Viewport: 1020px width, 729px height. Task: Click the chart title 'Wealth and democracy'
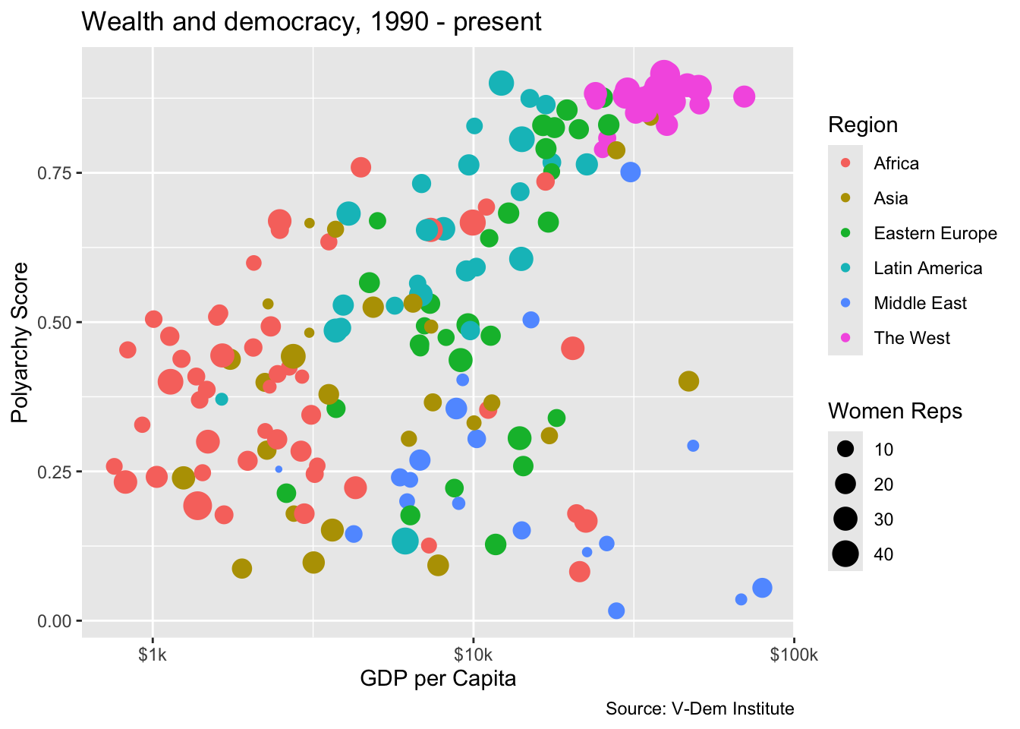coord(311,21)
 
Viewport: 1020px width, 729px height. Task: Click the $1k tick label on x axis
coord(153,655)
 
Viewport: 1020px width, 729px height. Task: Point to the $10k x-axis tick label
coord(473,655)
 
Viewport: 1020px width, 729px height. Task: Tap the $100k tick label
coord(794,655)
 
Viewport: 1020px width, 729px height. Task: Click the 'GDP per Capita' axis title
coord(438,679)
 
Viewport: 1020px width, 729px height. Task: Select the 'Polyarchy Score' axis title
coord(20,342)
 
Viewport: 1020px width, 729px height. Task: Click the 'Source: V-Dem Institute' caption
coord(700,709)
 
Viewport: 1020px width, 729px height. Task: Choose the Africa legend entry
coord(896,164)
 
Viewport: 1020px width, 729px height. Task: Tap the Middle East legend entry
coord(920,304)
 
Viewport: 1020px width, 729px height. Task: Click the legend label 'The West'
coord(911,339)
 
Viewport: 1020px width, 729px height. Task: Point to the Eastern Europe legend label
coord(935,234)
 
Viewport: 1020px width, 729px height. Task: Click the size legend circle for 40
coord(845,554)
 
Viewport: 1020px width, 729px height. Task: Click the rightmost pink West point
coord(744,96)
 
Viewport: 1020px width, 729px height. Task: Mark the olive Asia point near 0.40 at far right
coord(688,381)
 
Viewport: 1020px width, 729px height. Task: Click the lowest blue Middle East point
coord(616,611)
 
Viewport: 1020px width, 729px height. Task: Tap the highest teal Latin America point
coord(501,84)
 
